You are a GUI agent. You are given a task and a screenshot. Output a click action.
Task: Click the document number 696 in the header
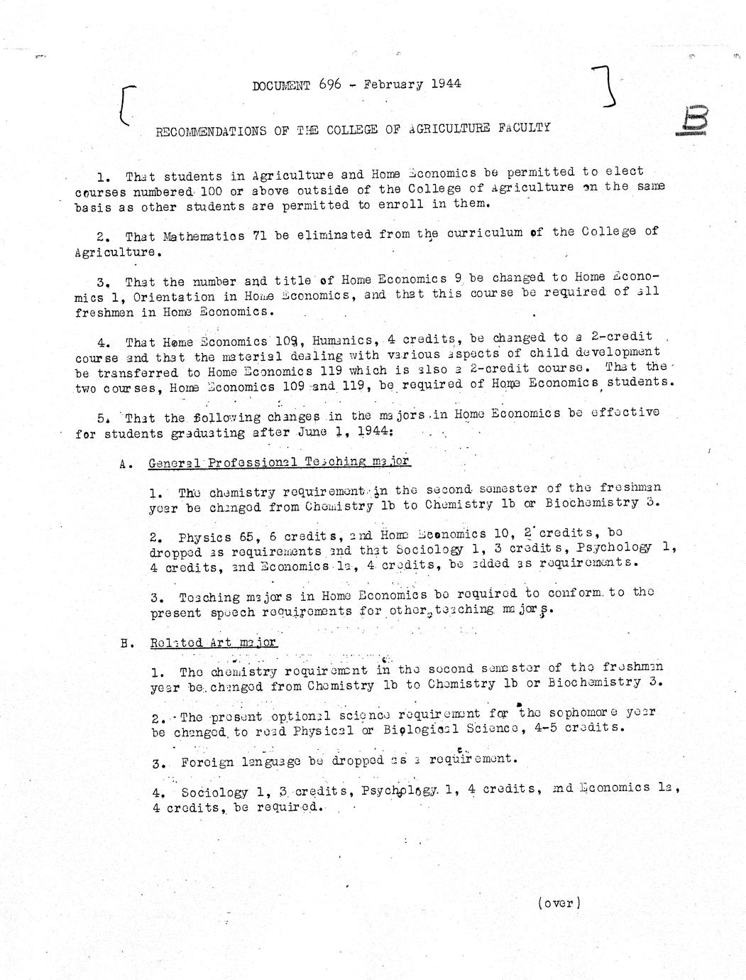[330, 84]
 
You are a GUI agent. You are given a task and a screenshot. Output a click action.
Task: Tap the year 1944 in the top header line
[445, 83]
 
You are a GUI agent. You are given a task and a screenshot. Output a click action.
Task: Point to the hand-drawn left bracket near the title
[126, 105]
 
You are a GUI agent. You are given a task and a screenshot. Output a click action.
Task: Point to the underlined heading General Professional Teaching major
[279, 462]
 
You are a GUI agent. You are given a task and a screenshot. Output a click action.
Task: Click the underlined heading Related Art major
[213, 643]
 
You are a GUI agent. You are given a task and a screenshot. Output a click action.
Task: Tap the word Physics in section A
[204, 537]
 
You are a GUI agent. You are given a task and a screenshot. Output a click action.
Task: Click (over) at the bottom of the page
[559, 903]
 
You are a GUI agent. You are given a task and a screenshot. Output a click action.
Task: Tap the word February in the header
[393, 84]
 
